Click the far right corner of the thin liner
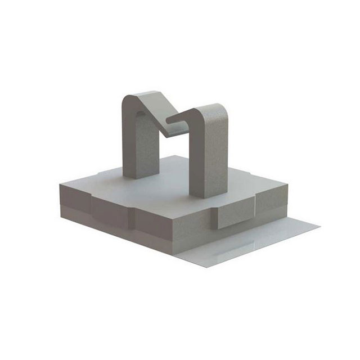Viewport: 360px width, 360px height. pyautogui.click(x=318, y=228)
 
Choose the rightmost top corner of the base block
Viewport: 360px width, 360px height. pyautogui.click(x=287, y=185)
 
